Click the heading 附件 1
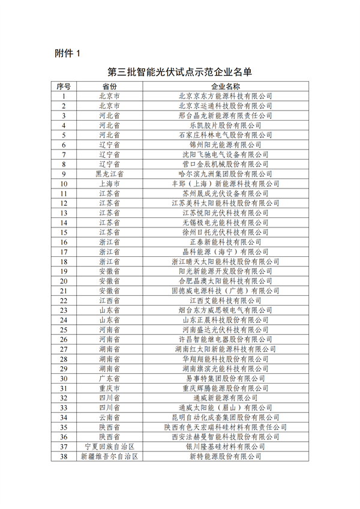[x=67, y=53]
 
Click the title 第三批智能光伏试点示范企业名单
[x=179, y=73]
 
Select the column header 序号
[x=63, y=86]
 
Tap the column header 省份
[x=109, y=86]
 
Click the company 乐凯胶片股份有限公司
[x=226, y=125]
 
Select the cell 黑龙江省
[x=109, y=174]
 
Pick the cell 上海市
[x=109, y=184]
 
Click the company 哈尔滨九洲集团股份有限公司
[x=226, y=174]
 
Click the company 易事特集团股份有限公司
[x=226, y=379]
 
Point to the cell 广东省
[x=109, y=379]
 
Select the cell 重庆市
[x=109, y=388]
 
